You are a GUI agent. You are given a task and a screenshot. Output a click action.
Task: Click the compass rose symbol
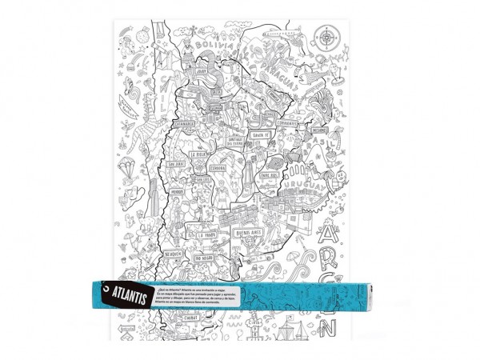(326, 35)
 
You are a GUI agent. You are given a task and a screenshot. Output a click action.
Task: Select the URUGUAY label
(302, 190)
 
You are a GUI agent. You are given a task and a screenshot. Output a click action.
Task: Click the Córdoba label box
(221, 167)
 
